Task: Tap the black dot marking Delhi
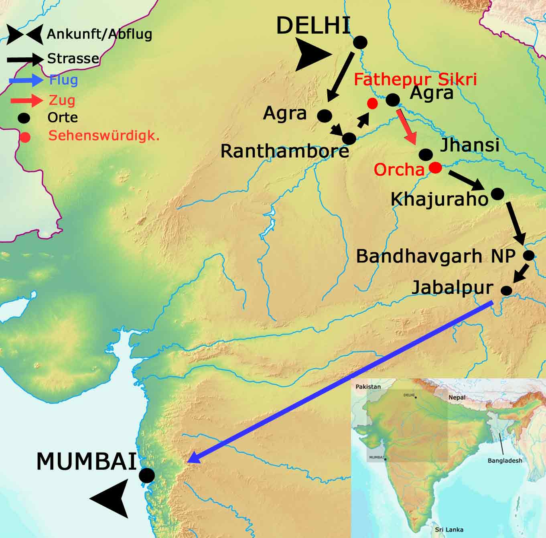(360, 42)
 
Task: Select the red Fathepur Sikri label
(415, 79)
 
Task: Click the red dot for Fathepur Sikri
(372, 104)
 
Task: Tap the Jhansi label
(469, 144)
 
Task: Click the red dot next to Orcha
(435, 167)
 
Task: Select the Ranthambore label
(285, 151)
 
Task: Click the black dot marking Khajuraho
(497, 194)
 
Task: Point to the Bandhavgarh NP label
(436, 256)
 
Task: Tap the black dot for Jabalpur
(507, 290)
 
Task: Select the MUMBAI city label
(87, 461)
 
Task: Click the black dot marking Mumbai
(147, 475)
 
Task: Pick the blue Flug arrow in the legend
(26, 80)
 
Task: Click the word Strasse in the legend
(73, 59)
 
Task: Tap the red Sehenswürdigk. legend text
(104, 135)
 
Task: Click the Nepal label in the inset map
(457, 397)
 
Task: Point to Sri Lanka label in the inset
(449, 530)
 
